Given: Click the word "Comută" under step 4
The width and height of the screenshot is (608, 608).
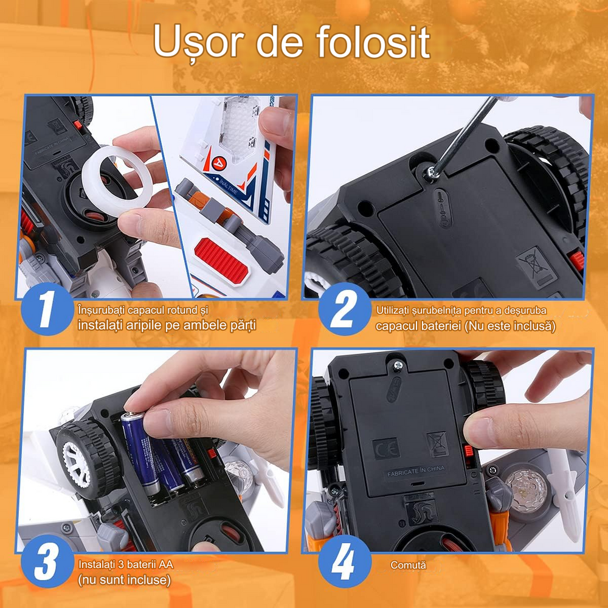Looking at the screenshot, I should (408, 565).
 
